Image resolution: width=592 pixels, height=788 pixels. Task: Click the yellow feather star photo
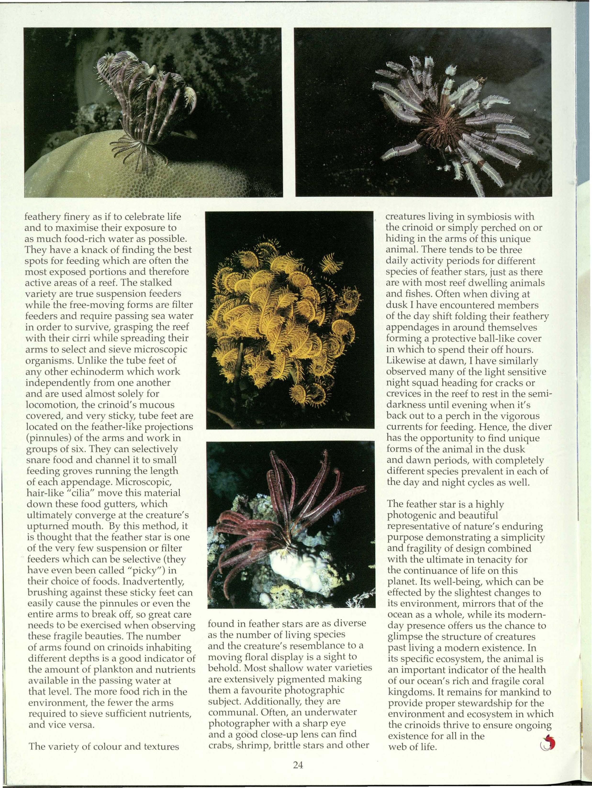(x=290, y=320)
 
